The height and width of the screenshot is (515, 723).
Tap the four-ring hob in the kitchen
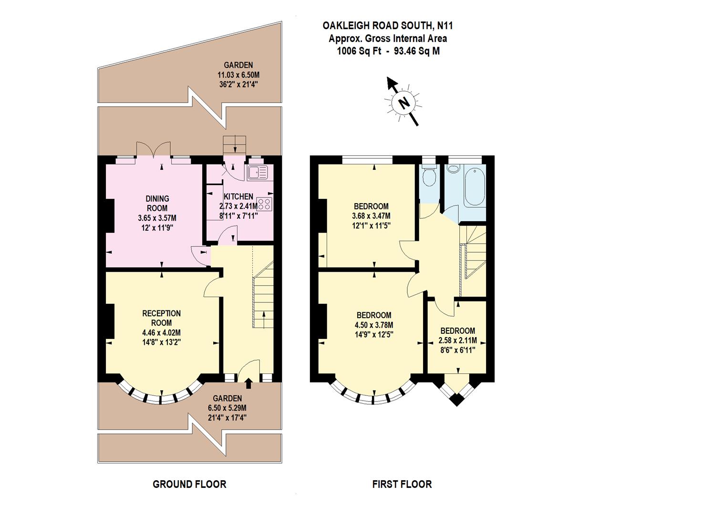point(264,204)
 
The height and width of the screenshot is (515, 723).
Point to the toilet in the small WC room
point(429,176)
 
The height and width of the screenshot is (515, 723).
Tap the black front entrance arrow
point(248,383)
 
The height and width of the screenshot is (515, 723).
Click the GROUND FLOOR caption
point(189,484)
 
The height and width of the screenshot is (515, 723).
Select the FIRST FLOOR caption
point(402,484)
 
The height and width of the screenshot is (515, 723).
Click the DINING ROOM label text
point(157,203)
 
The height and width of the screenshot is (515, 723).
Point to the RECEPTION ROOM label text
point(162,318)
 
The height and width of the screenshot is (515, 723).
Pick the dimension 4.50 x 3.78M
point(374,325)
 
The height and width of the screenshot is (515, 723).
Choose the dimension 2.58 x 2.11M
point(457,340)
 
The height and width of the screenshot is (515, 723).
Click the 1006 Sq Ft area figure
point(359,51)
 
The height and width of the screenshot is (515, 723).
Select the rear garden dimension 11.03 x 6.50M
point(238,75)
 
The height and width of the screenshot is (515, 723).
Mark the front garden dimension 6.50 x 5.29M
point(227,408)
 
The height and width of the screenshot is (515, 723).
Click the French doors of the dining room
point(153,150)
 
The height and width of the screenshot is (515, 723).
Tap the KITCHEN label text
point(238,196)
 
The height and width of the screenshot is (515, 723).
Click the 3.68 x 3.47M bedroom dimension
point(371,216)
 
